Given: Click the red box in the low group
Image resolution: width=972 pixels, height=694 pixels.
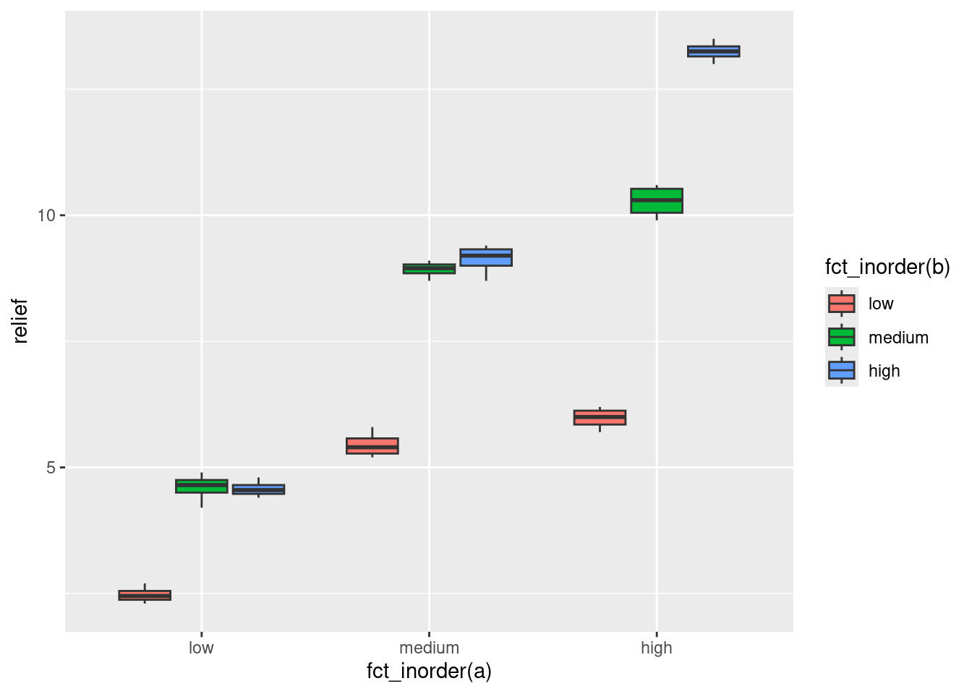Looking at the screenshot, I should point(145,595).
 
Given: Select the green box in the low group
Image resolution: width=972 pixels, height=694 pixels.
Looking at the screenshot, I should point(202,486).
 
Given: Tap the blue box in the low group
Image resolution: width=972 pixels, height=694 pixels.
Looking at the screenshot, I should point(258,489).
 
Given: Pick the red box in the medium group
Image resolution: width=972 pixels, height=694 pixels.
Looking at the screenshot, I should point(372,446).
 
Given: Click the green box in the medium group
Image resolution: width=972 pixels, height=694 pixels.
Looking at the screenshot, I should point(429,269).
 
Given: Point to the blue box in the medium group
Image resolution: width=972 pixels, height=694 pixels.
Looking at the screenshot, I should point(486,257).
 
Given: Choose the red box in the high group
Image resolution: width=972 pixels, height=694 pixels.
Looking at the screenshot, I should point(600,417).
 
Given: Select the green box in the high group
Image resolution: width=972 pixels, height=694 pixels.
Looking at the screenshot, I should point(657,201).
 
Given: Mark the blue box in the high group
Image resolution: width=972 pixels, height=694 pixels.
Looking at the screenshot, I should point(714,51).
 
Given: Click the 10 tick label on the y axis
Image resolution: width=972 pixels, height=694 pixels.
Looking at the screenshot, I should point(46,215).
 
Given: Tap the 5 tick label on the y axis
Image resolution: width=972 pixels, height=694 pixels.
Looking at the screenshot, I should point(51,468).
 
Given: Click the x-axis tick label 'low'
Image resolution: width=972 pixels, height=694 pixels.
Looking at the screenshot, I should point(201,648).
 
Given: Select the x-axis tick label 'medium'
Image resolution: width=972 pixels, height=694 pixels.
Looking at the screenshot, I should point(429,648).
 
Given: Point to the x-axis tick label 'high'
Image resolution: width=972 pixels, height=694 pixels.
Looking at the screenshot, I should point(657,648).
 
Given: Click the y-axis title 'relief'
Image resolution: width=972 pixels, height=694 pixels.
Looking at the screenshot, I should point(20,321).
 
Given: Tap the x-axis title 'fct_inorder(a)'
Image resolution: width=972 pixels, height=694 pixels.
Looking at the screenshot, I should point(429,672).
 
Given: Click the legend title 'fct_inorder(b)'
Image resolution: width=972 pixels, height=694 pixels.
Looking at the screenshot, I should point(887,267).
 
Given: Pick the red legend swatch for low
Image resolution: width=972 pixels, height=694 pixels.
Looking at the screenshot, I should point(842,304).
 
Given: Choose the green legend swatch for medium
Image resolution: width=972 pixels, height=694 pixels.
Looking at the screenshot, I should point(842,337).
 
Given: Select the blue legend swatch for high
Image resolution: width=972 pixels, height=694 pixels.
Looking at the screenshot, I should point(842,371).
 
